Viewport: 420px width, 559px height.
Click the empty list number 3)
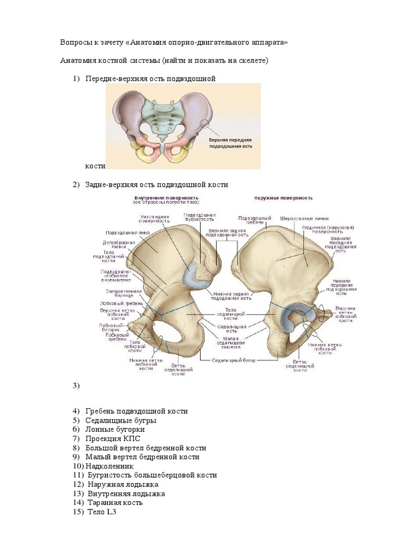(76, 386)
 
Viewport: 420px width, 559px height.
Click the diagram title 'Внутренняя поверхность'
(166, 198)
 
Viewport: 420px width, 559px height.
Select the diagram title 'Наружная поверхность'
(283, 198)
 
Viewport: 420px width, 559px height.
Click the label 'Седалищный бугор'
(236, 360)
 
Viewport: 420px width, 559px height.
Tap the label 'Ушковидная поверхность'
(154, 219)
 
